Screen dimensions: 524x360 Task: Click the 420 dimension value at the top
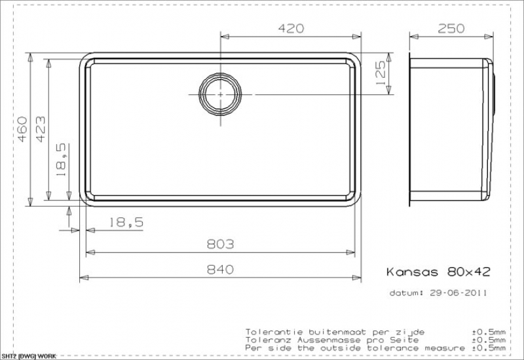(x=291, y=28)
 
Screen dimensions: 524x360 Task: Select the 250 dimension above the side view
(x=451, y=28)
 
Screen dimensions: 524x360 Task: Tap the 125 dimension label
(x=381, y=73)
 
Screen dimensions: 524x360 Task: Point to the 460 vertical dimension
(x=22, y=129)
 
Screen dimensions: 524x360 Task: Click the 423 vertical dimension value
(x=41, y=129)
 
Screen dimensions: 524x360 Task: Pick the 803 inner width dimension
(x=220, y=244)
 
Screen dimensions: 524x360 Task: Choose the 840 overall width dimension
(x=220, y=269)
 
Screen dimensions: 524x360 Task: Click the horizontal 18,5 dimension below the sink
(x=126, y=222)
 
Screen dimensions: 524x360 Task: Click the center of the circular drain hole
(x=220, y=94)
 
